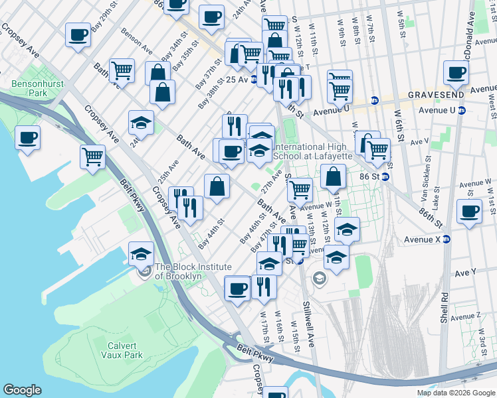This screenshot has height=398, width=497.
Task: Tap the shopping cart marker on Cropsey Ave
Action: [x=92, y=157]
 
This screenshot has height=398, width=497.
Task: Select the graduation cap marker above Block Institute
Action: [x=141, y=254]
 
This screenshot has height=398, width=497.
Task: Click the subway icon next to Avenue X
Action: [x=447, y=239]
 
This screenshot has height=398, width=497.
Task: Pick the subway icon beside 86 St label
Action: [x=385, y=177]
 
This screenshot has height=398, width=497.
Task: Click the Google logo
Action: [x=23, y=390]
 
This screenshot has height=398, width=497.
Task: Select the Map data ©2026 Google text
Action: [x=455, y=393]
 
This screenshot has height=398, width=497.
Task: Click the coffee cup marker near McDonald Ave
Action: [x=455, y=72]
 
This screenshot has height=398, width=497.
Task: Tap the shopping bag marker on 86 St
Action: [x=333, y=177]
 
